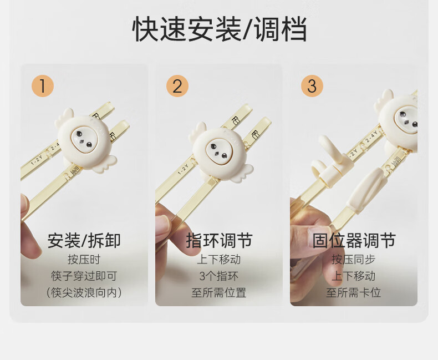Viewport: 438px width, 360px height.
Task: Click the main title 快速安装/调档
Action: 220,29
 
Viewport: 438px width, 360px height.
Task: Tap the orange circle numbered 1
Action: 43,86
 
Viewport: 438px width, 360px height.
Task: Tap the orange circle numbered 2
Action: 177,86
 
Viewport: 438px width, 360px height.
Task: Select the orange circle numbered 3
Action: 312,86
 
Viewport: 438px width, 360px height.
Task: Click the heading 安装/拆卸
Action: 84,241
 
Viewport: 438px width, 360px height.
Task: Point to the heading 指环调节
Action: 219,241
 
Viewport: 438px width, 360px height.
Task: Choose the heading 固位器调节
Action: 354,241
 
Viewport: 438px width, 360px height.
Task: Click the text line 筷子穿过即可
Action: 84,276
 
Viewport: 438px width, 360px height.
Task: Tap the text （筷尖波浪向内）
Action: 84,293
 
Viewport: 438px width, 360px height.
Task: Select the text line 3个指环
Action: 219,276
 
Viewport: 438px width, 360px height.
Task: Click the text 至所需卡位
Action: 354,293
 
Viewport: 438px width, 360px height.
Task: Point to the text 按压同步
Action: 354,260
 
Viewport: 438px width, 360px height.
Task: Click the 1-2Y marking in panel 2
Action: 184,169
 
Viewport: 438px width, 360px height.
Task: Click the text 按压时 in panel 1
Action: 84,260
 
